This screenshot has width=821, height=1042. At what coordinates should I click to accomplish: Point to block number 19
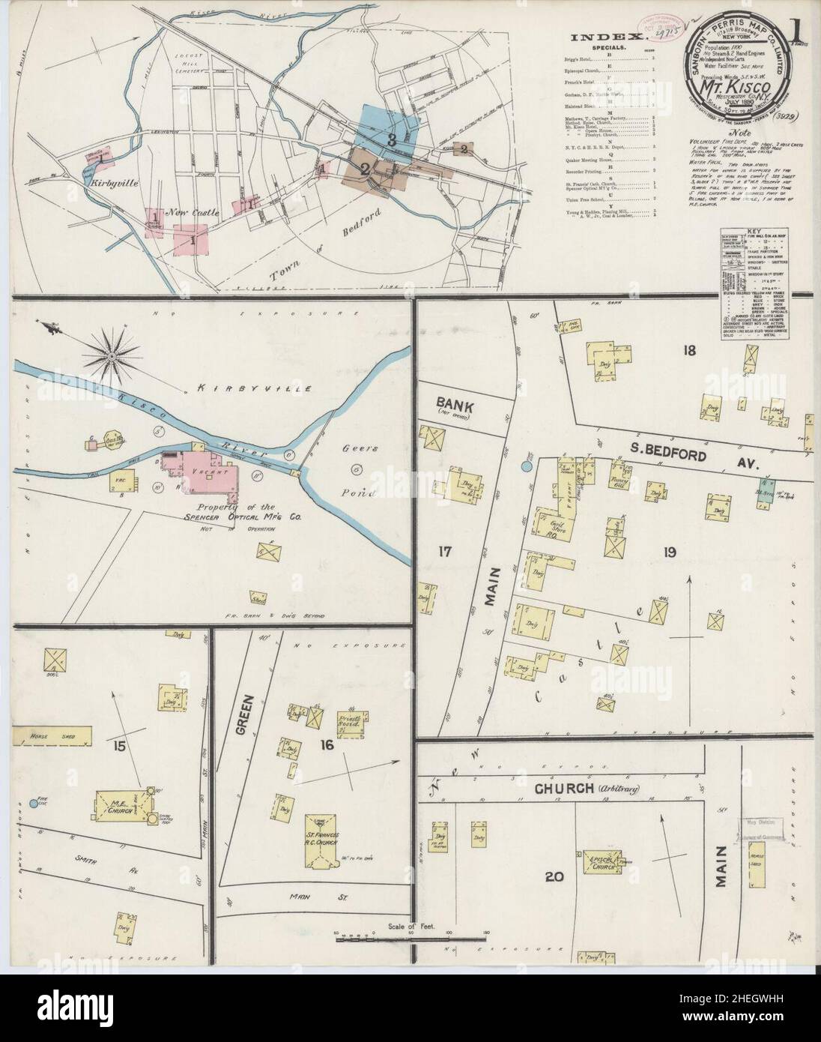669,552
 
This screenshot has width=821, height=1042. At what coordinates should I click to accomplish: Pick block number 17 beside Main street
445,552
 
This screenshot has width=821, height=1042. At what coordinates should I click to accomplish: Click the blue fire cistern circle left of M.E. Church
32,803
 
